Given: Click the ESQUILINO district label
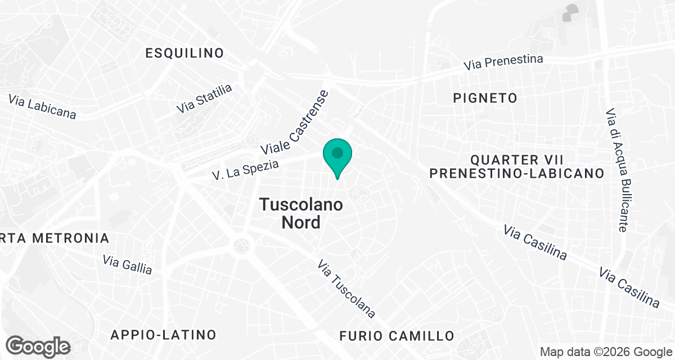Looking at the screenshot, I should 184,53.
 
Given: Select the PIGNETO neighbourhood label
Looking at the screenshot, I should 485,98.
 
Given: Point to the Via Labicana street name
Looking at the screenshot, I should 42,106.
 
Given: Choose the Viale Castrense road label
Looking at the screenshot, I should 294,123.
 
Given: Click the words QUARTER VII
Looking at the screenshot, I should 517,159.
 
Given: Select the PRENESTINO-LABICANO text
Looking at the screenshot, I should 517,173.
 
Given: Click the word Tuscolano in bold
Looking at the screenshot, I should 301,205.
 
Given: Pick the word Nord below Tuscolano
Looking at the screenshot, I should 301,222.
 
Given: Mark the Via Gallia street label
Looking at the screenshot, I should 128,264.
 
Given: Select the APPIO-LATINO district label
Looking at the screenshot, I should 163,335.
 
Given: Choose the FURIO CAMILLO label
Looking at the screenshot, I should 397,336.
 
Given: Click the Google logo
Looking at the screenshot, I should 38,346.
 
